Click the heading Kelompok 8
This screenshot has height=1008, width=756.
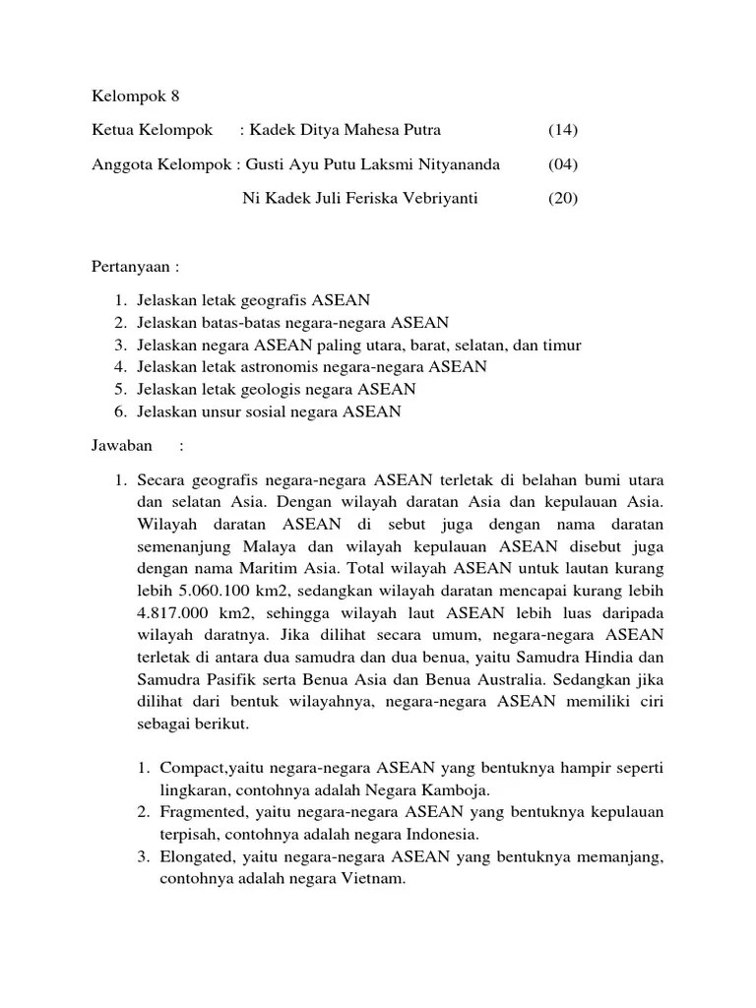tap(137, 96)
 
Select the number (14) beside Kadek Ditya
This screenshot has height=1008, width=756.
tap(563, 130)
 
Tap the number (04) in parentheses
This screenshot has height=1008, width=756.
tap(563, 164)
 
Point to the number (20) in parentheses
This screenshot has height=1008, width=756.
tap(563, 198)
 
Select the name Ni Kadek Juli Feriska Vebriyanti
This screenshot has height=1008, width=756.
tap(359, 198)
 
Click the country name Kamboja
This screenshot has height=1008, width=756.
tap(457, 790)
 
